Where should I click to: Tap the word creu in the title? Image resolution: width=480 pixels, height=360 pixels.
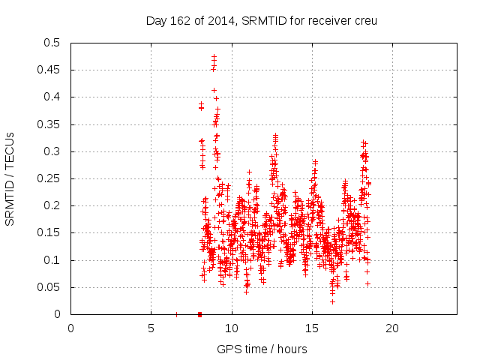(364, 20)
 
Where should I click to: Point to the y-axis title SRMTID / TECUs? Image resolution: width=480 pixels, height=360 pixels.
(10, 178)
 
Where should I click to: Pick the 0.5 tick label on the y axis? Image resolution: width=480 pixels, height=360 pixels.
(52, 43)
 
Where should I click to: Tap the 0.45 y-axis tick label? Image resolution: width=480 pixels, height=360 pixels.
(49, 70)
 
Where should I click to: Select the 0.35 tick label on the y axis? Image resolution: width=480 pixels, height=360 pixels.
(49, 124)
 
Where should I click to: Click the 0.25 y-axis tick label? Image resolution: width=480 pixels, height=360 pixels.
(49, 178)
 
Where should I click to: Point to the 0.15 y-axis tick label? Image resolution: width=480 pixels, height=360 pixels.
(49, 233)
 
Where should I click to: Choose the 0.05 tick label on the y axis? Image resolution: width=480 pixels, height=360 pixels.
(49, 287)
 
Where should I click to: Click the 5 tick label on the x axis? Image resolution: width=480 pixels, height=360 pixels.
(151, 328)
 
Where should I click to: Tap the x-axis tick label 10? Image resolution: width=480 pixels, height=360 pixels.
(231, 328)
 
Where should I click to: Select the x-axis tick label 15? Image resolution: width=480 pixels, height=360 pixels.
(311, 328)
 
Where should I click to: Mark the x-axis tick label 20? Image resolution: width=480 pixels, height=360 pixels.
(391, 328)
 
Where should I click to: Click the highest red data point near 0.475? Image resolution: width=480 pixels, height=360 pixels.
(214, 56)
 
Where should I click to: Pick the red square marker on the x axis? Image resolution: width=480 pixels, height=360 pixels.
(199, 314)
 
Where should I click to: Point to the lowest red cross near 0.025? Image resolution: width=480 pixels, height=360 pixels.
(332, 301)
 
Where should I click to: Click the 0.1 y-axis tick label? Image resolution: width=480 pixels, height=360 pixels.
(52, 260)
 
